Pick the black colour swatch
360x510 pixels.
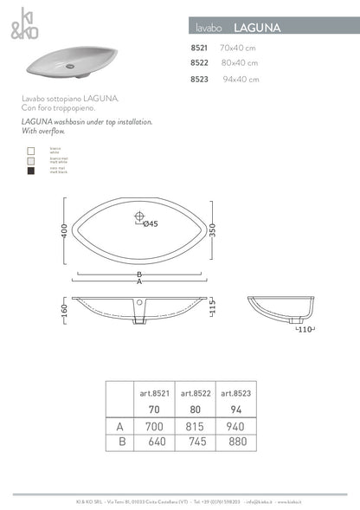pos(30,171)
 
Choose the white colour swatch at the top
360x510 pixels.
pos(30,151)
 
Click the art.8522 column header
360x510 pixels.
pos(196,393)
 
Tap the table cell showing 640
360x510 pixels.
pos(155,442)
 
